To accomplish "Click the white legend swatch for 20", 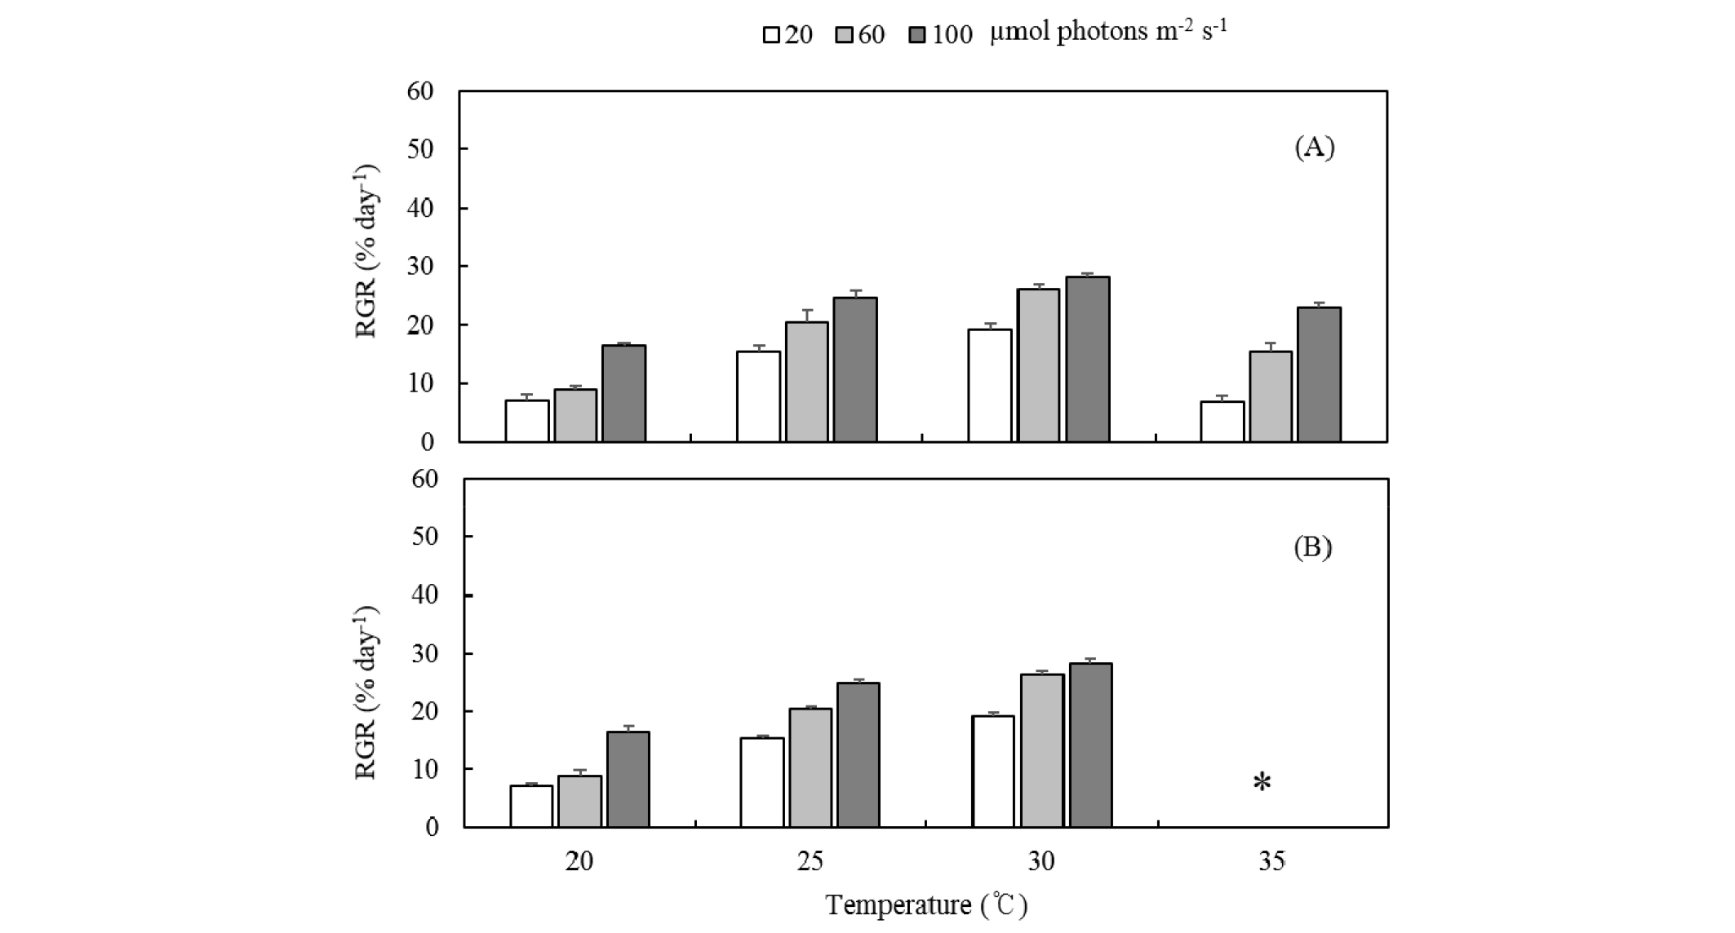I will pos(771,35).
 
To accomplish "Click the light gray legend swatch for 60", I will pos(845,35).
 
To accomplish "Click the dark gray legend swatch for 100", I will pos(917,35).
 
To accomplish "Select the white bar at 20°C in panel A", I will pos(526,421).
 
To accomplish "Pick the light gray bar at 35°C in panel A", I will pos(1271,396).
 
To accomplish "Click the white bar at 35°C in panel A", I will pos(1222,422).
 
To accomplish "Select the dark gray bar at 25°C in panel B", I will pos(857,754).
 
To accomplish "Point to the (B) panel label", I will pos(1312,547).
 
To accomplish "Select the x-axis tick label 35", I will pos(1271,861).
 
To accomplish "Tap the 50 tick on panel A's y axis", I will pos(420,149).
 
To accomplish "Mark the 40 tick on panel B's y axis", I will pos(422,595).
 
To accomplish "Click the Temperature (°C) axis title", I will pos(925,905).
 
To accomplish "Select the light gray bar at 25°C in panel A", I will pos(806,382).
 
